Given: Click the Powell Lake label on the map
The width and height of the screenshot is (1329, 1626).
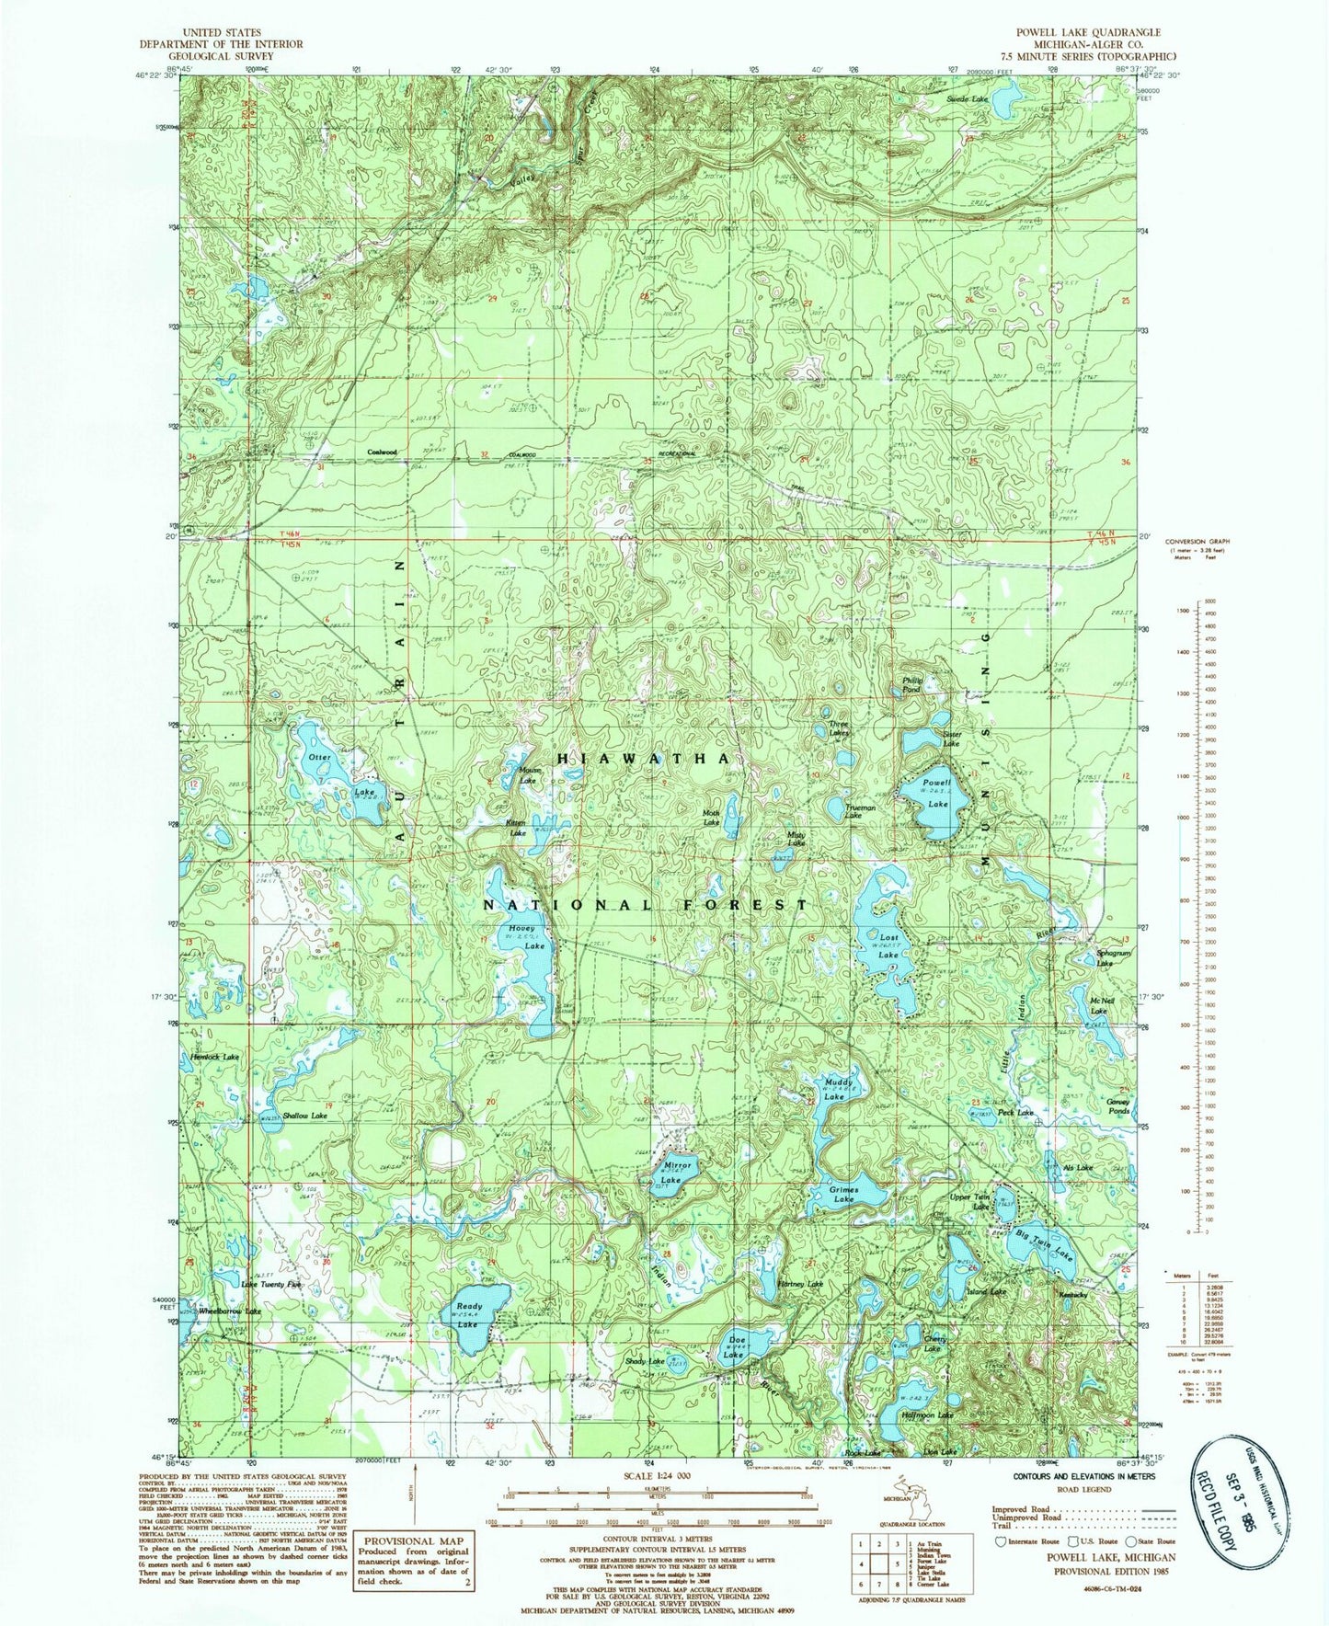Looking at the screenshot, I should tap(937, 793).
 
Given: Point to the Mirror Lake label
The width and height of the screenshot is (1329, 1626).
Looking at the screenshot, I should tap(677, 1173).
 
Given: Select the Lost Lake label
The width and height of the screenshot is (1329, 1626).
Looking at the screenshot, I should tap(888, 946).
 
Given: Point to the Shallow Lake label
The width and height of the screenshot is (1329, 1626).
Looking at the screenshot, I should tap(304, 1116).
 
